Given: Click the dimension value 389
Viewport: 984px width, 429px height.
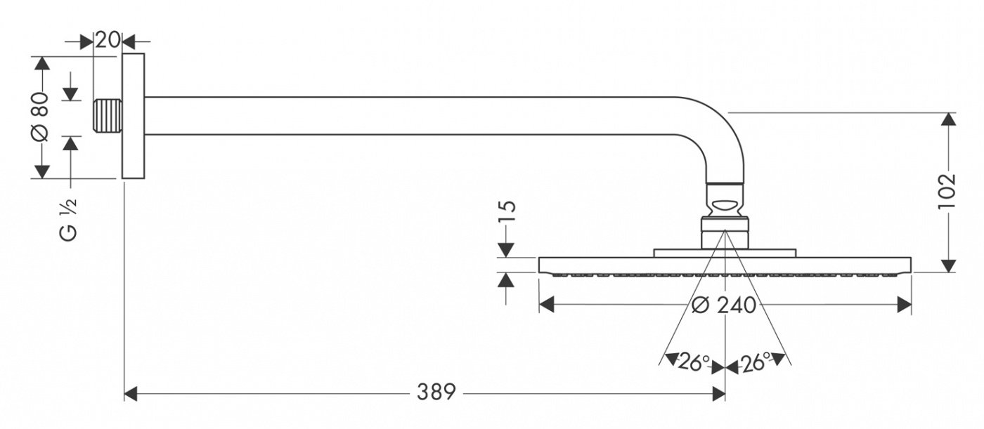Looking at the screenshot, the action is [436, 392].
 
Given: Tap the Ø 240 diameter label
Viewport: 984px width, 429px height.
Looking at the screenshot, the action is [723, 305].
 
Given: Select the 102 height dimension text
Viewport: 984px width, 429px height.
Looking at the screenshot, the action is [947, 192].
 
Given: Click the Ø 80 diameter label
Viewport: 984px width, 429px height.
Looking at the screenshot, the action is [41, 117].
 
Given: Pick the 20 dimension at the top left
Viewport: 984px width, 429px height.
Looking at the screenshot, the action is [107, 40].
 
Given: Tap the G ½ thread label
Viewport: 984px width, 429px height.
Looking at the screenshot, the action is [68, 219].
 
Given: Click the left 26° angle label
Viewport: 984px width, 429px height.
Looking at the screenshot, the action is [694, 362].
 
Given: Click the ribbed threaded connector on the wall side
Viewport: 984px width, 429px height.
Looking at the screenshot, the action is [108, 116].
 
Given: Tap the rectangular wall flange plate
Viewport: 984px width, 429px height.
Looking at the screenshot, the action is [133, 117].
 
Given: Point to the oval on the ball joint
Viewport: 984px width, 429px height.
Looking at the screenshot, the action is [725, 206].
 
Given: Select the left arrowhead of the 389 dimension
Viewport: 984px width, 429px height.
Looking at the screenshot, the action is [131, 394].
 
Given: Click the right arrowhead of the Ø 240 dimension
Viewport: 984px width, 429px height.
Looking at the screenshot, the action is [904, 305].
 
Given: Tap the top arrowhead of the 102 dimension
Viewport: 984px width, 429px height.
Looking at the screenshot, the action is [950, 120].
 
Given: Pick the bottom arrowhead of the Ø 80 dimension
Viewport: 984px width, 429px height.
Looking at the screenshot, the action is [42, 171].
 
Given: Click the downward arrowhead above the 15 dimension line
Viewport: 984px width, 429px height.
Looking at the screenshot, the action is [506, 251].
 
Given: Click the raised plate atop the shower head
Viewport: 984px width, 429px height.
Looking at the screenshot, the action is [725, 253].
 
